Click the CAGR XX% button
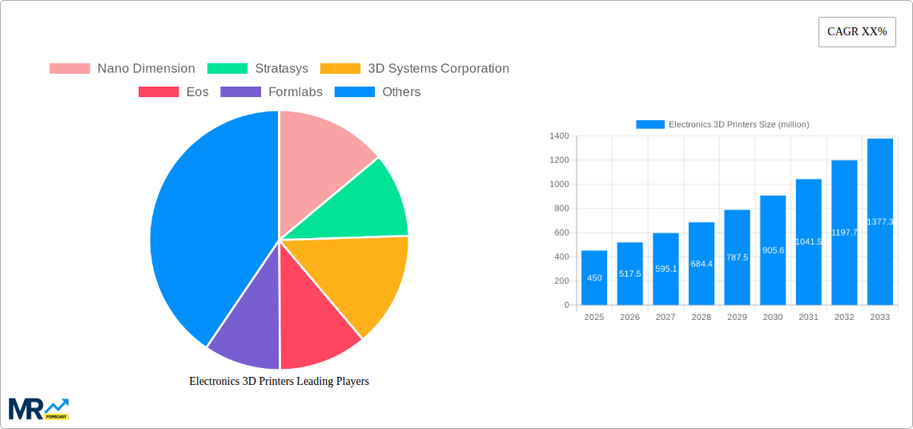coord(856,32)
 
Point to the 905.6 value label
coord(773,250)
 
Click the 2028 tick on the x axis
coord(701,318)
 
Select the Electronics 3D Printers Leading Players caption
coord(279,382)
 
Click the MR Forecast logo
coord(38,409)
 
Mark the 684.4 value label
coord(701,264)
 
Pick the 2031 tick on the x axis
coord(808,318)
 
